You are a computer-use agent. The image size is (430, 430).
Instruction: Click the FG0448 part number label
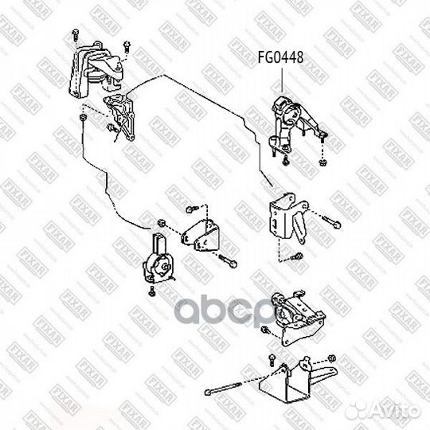click(x=280, y=57)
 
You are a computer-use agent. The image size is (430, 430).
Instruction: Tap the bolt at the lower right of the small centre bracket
click(x=229, y=261)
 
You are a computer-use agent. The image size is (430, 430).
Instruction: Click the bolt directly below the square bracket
click(x=295, y=256)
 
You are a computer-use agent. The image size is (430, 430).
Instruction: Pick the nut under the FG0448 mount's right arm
click(x=322, y=163)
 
